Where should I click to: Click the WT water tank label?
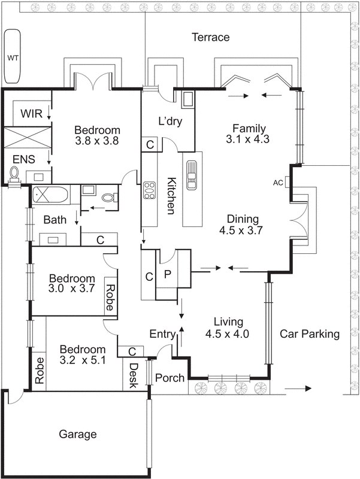13,57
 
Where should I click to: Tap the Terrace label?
211,37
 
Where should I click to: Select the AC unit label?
278,183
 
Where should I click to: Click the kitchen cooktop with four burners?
149,190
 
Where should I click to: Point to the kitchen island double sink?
192,175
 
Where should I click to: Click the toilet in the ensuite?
14,173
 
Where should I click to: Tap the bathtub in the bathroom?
50,195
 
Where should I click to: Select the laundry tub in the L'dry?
187,99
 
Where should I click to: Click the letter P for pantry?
167,274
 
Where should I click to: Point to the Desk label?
133,375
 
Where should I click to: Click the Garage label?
78,434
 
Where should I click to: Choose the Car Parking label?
310,334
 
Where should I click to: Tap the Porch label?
170,378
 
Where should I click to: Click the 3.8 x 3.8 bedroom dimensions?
97,141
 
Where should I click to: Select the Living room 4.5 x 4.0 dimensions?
227,334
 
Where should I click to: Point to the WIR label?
31,114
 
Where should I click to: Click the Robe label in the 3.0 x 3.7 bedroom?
110,297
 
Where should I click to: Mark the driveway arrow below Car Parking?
298,389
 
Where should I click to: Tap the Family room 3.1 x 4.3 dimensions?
247,140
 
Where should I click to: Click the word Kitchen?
171,196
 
